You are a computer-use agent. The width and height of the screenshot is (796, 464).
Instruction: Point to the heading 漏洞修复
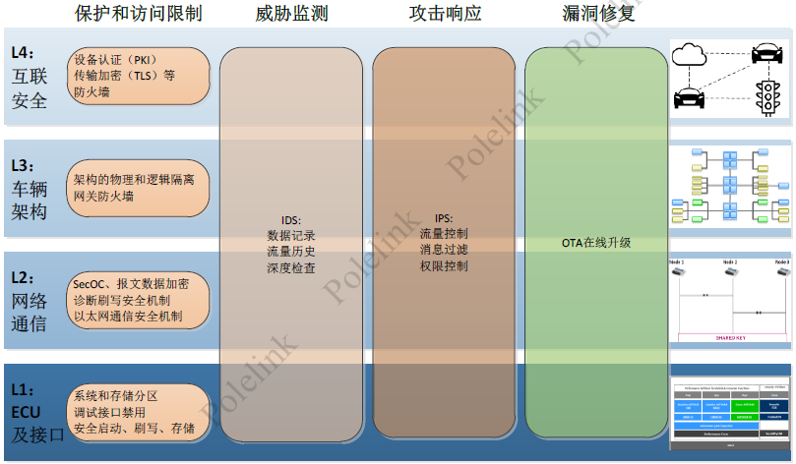pos(597,14)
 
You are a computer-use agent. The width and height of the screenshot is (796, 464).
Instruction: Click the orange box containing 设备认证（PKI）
pos(140,76)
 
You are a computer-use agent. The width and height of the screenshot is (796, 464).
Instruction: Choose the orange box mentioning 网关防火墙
pos(140,189)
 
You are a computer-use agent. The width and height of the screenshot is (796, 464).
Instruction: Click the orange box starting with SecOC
pos(140,300)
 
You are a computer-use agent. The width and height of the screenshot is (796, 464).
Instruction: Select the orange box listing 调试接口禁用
pos(140,412)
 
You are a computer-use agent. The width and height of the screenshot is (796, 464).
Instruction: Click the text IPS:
pos(443,218)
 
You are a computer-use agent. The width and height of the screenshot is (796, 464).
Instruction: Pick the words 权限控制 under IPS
pos(443,265)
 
